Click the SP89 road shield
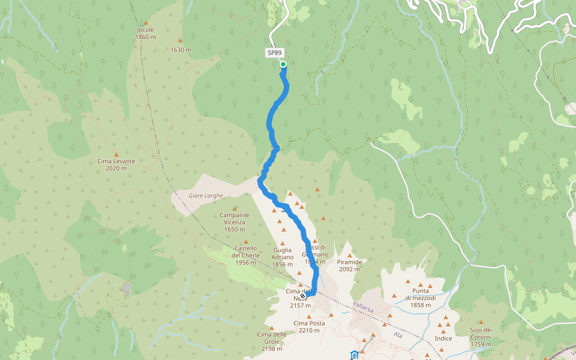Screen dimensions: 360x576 (x=274, y=53)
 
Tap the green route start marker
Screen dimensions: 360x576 (x=283, y=64)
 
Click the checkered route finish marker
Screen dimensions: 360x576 (x=303, y=295)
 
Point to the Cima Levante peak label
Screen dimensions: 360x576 (x=116, y=164)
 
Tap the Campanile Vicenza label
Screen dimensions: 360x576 (x=234, y=222)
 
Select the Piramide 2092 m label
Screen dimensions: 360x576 (x=349, y=265)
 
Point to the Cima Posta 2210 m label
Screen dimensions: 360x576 (x=309, y=326)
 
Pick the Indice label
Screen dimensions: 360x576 (x=443, y=338)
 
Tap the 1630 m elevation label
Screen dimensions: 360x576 (x=181, y=50)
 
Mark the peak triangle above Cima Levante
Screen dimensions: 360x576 (x=116, y=154)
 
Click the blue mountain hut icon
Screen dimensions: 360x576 (x=355, y=355)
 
